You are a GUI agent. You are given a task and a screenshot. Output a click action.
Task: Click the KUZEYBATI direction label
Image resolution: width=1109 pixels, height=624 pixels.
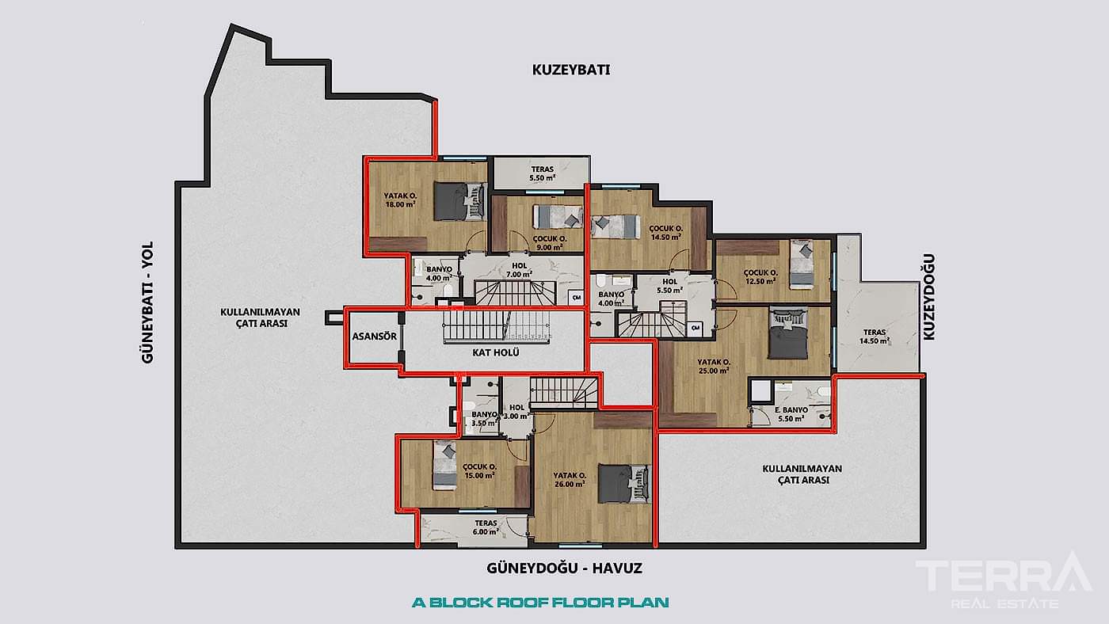click(570, 70)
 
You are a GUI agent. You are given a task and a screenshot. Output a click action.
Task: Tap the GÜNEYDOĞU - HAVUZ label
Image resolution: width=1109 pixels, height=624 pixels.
click(564, 569)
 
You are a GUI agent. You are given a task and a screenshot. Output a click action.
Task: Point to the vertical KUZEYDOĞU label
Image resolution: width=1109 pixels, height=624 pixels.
click(930, 297)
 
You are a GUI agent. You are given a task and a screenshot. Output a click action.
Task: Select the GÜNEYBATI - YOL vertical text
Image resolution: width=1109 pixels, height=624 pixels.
click(147, 302)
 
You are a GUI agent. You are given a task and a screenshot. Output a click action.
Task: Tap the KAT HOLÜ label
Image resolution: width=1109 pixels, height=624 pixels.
click(496, 352)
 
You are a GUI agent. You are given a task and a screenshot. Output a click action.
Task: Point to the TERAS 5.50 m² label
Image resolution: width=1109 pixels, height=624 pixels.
click(543, 173)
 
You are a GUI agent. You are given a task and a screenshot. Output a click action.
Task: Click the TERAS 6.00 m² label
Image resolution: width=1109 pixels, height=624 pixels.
click(486, 527)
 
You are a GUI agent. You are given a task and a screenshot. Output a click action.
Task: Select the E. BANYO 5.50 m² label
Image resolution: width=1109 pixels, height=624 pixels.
click(791, 414)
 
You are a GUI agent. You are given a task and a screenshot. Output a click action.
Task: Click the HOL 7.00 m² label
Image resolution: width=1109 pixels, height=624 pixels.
click(520, 270)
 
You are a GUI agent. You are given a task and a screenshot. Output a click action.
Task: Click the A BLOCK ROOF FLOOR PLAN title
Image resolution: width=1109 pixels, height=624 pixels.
click(540, 602)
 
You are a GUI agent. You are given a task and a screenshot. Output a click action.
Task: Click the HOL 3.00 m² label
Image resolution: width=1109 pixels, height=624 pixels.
click(516, 412)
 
